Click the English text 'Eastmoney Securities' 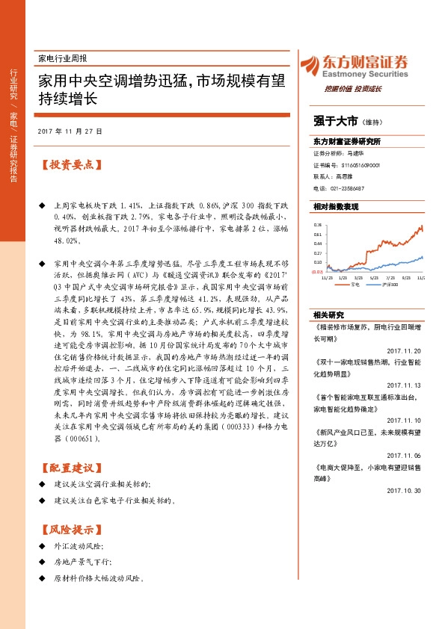tap(366, 74)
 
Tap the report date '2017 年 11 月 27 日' tap(73, 131)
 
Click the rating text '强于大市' tap(335, 120)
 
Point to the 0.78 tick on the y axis tap(318, 224)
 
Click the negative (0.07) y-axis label tap(317, 272)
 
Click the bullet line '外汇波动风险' tap(76, 546)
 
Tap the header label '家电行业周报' tap(62, 58)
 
